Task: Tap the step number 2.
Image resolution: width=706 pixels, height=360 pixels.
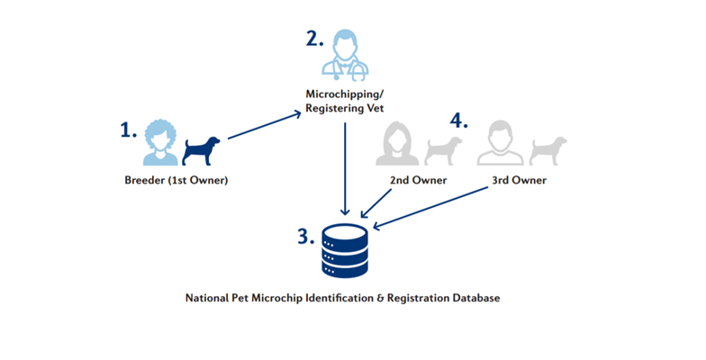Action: tap(313, 39)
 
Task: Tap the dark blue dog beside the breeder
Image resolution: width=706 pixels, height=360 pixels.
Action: tap(202, 150)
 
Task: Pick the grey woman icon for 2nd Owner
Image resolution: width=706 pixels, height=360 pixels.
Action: tap(400, 145)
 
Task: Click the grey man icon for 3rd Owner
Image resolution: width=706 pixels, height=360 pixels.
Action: tap(501, 145)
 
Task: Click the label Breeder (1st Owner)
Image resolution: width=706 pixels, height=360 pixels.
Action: tap(176, 180)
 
